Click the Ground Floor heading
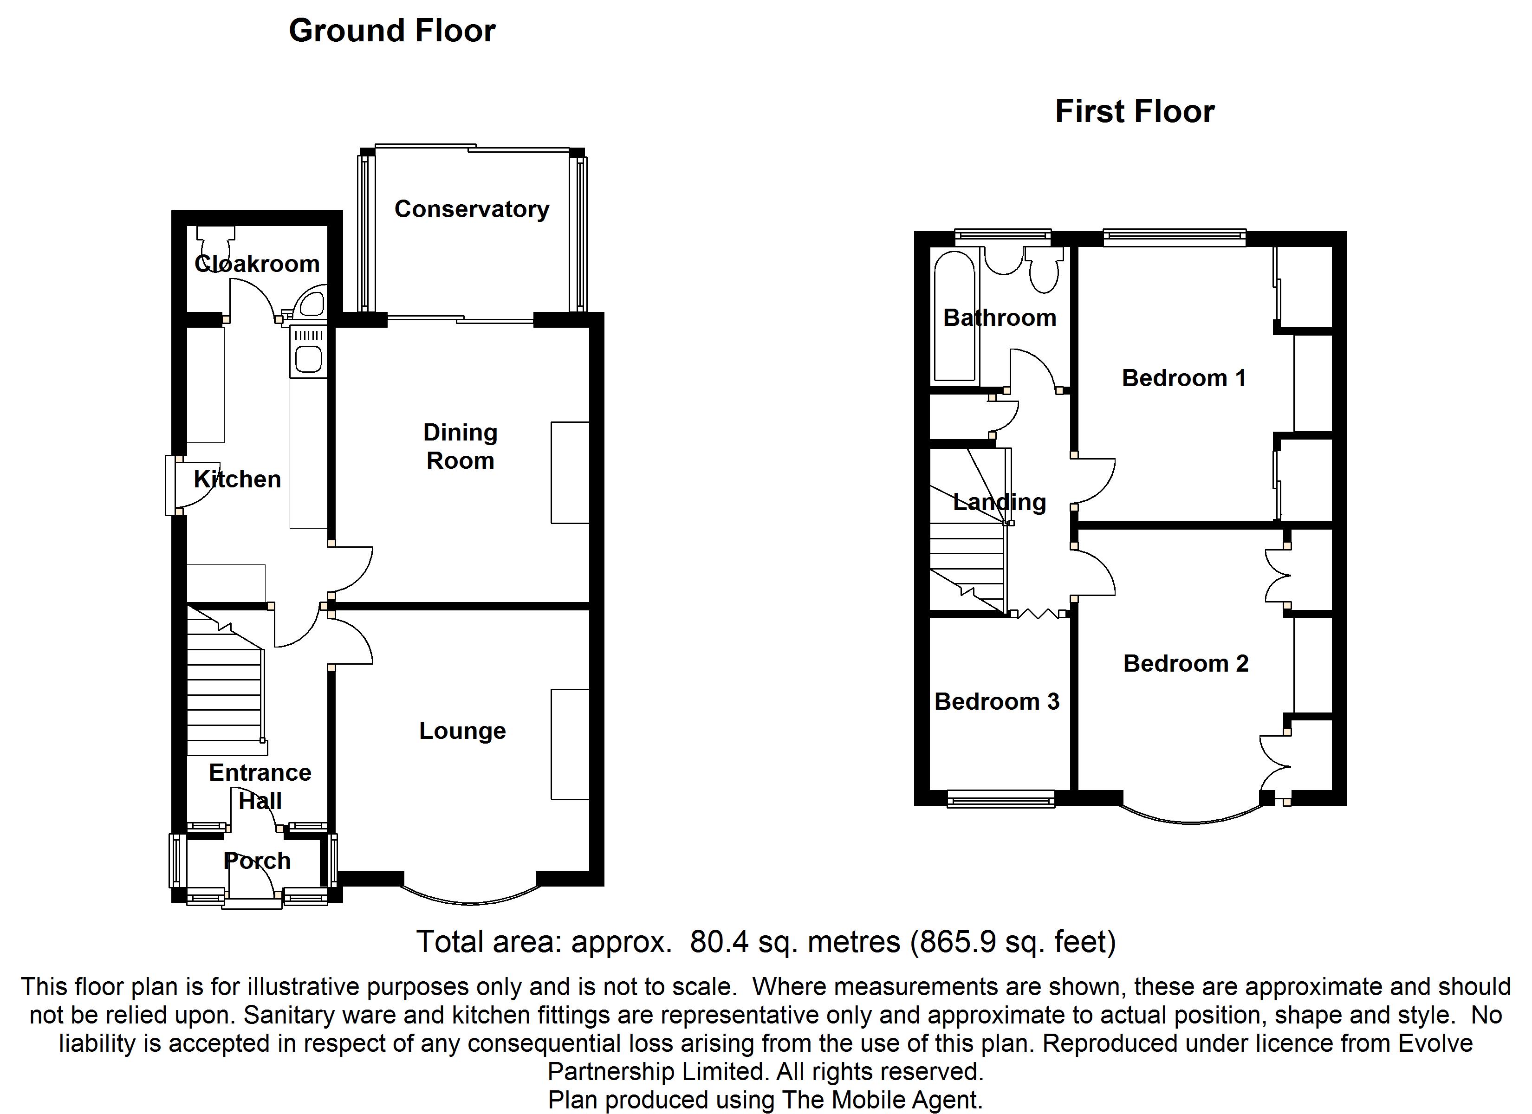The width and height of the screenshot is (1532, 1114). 392,31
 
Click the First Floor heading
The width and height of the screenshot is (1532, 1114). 1134,111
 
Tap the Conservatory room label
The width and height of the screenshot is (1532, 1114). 472,209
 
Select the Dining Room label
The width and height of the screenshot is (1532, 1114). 460,447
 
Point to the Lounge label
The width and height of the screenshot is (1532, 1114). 462,731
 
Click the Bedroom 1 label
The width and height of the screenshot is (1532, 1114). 1183,378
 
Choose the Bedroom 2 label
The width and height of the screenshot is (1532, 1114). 1186,664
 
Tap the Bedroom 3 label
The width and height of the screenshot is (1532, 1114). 996,702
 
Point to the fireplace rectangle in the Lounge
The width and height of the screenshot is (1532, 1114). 570,745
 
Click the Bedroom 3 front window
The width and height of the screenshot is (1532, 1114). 1000,800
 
